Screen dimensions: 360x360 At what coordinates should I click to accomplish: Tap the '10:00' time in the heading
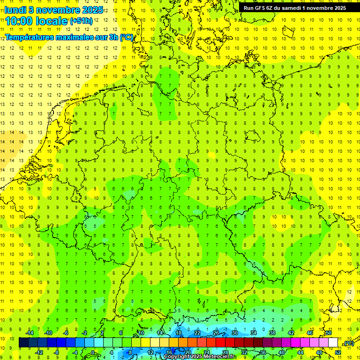click(x=20, y=21)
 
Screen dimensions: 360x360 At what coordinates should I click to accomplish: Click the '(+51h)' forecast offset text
click(x=81, y=21)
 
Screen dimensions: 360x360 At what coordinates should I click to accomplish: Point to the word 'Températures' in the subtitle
click(x=29, y=37)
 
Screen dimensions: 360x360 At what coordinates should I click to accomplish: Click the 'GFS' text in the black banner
click(x=261, y=7)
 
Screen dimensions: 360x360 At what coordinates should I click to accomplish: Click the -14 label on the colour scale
click(x=30, y=332)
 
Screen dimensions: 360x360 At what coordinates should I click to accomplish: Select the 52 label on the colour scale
click(x=338, y=352)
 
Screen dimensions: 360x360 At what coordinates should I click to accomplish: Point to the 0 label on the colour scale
click(x=93, y=352)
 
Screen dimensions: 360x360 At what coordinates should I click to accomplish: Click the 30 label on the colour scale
click(x=234, y=332)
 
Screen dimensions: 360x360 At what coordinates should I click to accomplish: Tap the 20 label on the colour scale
click(x=187, y=352)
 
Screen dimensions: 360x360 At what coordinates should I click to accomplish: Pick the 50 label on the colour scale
click(x=329, y=332)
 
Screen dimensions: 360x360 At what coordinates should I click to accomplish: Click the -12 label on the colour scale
click(x=39, y=352)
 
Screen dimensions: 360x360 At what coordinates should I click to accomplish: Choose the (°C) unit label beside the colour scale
click(x=348, y=343)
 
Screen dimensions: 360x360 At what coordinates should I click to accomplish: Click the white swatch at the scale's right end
click(x=333, y=343)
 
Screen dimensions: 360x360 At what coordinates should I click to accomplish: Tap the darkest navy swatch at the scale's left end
click(x=23, y=343)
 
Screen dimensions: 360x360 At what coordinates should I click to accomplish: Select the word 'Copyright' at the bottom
click(x=177, y=357)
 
